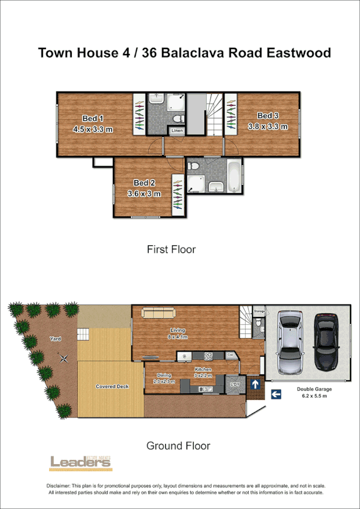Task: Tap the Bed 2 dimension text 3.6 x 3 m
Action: coord(144,194)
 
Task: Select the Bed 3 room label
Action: coord(268,115)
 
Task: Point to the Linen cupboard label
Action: coord(177,130)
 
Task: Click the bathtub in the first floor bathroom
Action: coord(234,176)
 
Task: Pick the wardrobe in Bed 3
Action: coord(231,112)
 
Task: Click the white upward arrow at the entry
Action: coord(254,383)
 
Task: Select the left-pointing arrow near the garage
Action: coord(276,394)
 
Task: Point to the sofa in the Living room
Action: coord(158,313)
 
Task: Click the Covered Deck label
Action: coord(112,386)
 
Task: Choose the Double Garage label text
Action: coord(314,389)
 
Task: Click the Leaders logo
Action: coord(80,461)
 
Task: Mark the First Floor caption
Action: coord(171,249)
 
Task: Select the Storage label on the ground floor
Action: coord(259,312)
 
